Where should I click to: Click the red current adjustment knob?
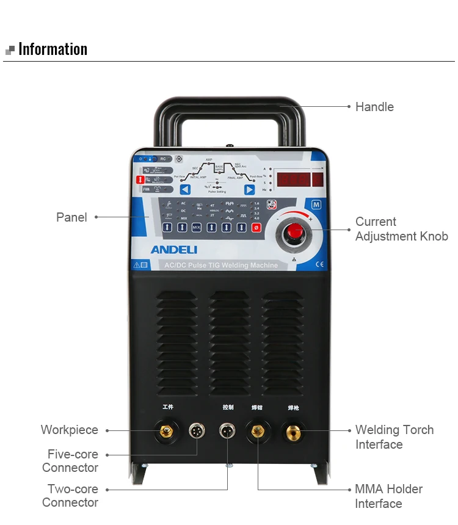295,231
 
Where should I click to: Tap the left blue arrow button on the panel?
185,190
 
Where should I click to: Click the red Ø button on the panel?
256,227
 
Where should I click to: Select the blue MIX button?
197,227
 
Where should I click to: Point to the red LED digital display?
300,179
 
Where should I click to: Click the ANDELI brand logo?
174,250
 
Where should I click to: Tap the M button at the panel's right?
316,205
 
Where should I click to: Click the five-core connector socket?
196,430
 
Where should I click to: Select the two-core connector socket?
227,430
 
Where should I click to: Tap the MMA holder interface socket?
257,432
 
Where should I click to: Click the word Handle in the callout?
374,107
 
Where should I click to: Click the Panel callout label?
71,217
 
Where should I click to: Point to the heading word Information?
53,49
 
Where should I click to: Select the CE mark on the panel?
319,265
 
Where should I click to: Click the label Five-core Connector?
72,461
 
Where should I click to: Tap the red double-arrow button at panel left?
139,179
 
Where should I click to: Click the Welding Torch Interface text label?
394,437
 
